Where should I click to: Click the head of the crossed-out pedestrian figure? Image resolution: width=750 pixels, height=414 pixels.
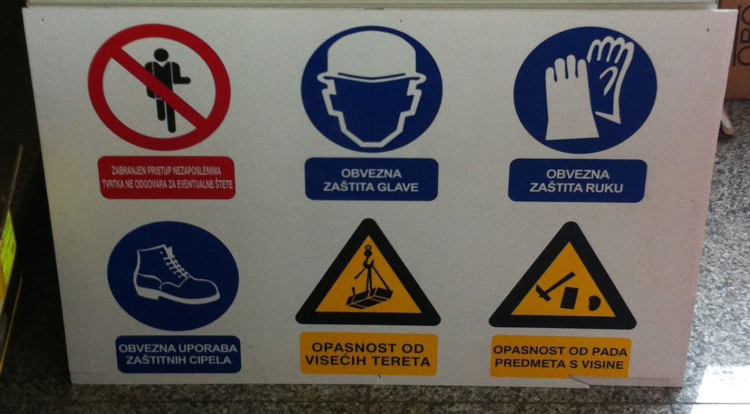coord(161,55)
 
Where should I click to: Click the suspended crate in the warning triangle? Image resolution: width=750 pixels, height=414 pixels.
coord(369,298)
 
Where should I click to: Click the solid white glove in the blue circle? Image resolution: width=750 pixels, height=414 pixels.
coord(569,99)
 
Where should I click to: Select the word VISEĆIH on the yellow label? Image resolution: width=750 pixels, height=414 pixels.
coord(330,361)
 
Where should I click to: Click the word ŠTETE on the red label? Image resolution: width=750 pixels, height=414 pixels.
coord(223,185)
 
